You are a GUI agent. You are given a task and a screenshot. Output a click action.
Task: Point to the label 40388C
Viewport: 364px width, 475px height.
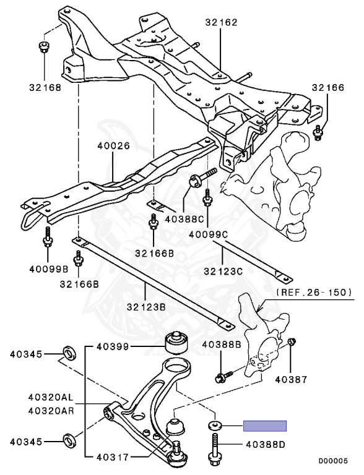pyautogui.click(x=185, y=218)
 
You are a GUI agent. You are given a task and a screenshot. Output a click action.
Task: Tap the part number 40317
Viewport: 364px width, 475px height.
pyautogui.click(x=113, y=458)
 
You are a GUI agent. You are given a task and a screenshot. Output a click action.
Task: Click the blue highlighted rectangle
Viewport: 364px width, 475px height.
pyautogui.click(x=265, y=426)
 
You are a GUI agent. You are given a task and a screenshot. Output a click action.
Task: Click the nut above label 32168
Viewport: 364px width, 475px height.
pyautogui.click(x=44, y=47)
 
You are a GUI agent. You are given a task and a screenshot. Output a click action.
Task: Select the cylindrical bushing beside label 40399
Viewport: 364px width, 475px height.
pyautogui.click(x=176, y=342)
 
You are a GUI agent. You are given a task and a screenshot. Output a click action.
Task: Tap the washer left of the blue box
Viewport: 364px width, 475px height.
pyautogui.click(x=215, y=426)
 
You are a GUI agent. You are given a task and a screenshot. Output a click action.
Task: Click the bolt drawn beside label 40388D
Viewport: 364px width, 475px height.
pyautogui.click(x=214, y=449)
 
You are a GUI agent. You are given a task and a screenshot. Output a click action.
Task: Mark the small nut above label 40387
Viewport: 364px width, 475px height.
pyautogui.click(x=293, y=341)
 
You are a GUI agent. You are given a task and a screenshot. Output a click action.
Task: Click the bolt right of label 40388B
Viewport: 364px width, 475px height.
pyautogui.click(x=223, y=375)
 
